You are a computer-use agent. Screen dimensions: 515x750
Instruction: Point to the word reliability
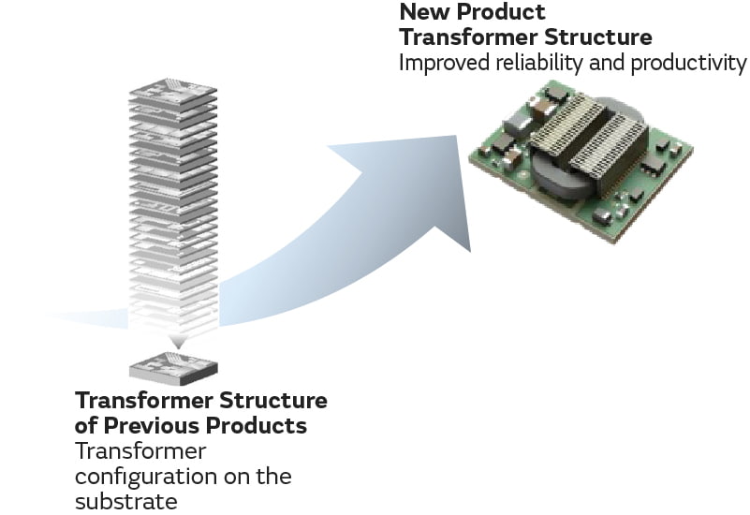[x=540, y=63]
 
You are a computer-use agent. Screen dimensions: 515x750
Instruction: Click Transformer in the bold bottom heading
[x=143, y=401]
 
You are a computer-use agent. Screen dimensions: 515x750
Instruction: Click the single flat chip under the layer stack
[x=172, y=366]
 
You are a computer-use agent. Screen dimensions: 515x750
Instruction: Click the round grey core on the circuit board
[x=562, y=178]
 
